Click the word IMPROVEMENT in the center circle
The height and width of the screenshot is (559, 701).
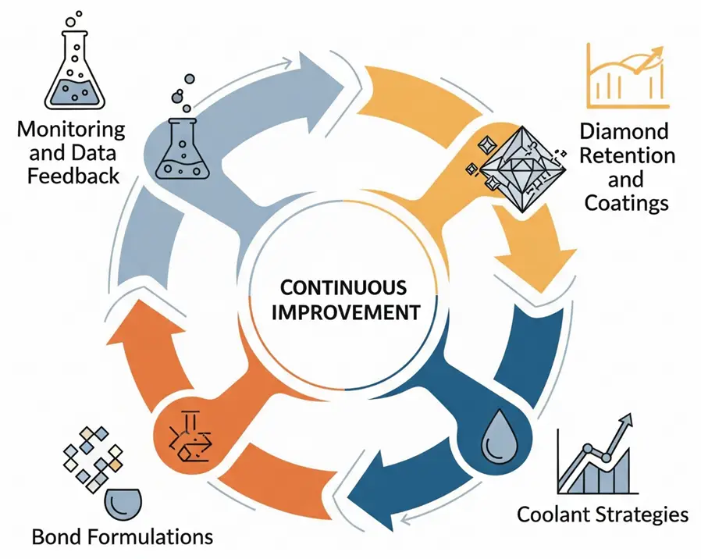pyautogui.click(x=350, y=312)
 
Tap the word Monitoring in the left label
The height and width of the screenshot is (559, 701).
pyautogui.click(x=71, y=128)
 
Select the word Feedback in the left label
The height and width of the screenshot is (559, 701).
pyautogui.click(x=73, y=174)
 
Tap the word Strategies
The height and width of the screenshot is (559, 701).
pyautogui.click(x=644, y=514)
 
